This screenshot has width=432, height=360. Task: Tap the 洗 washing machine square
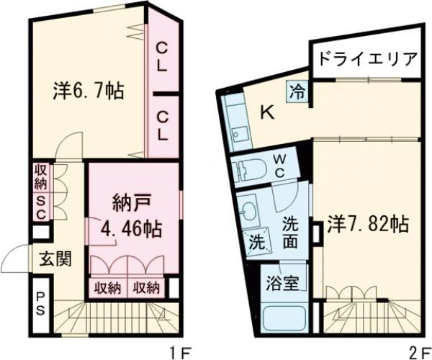click(256, 243)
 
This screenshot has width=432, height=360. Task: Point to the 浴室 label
click(276, 283)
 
